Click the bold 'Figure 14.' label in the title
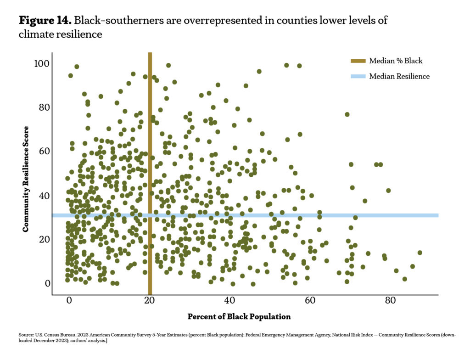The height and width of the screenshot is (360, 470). [x=45, y=21]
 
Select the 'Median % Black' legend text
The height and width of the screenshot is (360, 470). [x=396, y=61]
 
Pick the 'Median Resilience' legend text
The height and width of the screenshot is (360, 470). [x=399, y=76]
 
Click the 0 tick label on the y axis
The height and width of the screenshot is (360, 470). [x=47, y=283]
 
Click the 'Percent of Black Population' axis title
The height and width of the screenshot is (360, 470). [x=239, y=317]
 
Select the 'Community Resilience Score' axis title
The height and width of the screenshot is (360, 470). [x=27, y=179]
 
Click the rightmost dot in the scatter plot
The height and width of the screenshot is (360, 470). [x=420, y=253]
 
